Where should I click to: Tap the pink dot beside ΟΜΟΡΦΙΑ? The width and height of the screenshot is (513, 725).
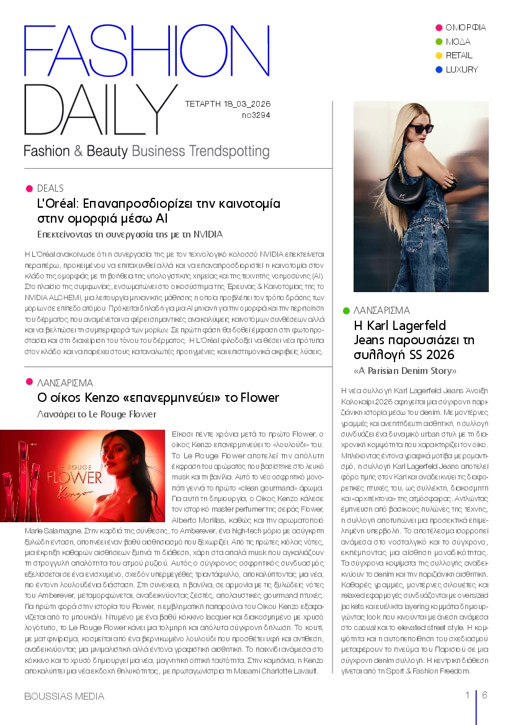pyautogui.click(x=439, y=27)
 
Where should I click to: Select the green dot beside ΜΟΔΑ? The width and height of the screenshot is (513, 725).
pyautogui.click(x=439, y=42)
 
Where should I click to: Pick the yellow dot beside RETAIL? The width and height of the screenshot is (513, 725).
pyautogui.click(x=439, y=56)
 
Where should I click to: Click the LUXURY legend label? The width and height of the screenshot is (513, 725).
pyautogui.click(x=462, y=69)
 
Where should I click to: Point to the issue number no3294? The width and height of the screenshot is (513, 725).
pyautogui.click(x=256, y=115)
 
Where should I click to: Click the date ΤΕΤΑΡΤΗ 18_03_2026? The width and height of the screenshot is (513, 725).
pyautogui.click(x=228, y=104)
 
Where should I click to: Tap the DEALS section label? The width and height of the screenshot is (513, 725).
pyautogui.click(x=50, y=188)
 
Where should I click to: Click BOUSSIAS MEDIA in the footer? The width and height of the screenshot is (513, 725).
pyautogui.click(x=64, y=696)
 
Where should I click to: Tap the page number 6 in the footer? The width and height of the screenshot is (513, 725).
pyautogui.click(x=484, y=695)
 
